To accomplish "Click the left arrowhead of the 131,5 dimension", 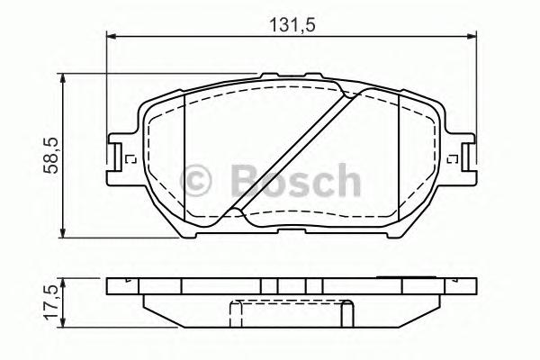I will [112, 37].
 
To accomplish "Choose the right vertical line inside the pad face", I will [400, 153].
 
